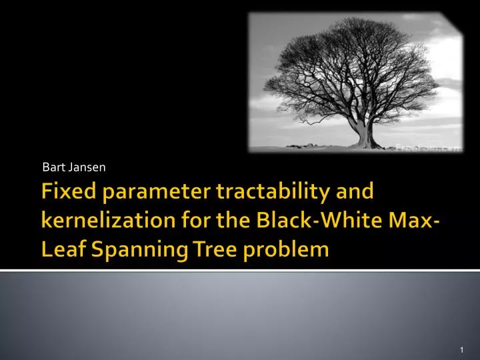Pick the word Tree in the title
point(201,250)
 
